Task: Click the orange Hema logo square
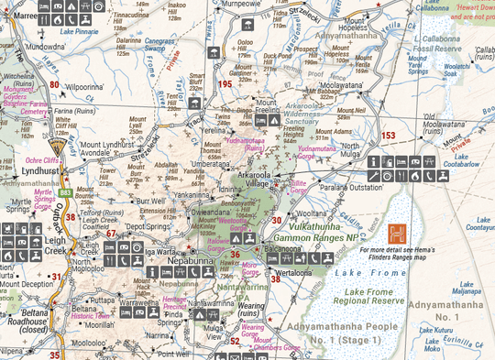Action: pos(397,234)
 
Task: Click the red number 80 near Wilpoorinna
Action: pos(54,84)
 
